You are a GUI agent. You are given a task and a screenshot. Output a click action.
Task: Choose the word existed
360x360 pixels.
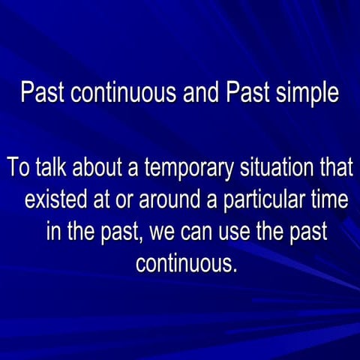pyautogui.click(x=55, y=200)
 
